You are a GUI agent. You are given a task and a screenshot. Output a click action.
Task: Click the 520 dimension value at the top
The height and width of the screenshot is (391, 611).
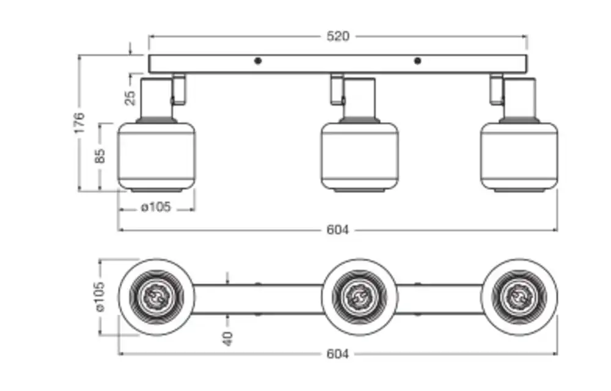(x=337, y=37)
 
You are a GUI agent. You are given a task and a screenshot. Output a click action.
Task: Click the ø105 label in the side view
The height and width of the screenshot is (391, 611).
(x=156, y=208)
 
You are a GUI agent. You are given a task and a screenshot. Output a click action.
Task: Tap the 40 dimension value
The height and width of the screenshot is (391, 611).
(x=228, y=338)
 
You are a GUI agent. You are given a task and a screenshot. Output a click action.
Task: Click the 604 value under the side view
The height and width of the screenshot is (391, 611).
(x=337, y=230)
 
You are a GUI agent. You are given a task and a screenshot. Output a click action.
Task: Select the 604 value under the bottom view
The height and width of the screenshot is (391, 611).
(x=337, y=354)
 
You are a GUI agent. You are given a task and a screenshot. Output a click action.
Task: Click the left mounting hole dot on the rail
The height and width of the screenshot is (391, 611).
(x=258, y=60)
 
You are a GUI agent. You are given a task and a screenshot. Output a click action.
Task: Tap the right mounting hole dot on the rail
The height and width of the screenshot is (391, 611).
(x=417, y=60)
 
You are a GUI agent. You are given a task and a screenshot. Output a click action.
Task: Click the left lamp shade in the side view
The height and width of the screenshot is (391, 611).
(x=156, y=156)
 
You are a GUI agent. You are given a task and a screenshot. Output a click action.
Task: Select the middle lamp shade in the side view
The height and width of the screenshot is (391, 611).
(x=360, y=156)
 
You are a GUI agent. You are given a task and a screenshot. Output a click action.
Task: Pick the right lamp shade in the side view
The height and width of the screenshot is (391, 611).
(x=519, y=156)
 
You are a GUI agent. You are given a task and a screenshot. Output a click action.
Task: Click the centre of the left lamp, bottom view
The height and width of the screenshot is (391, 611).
(x=156, y=297)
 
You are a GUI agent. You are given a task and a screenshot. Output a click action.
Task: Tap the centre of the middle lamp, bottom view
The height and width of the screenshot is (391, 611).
(x=360, y=297)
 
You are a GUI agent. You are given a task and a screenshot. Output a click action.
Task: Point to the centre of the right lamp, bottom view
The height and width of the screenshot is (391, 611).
(x=519, y=297)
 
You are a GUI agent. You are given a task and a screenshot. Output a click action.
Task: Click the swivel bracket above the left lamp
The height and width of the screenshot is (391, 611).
(x=178, y=89)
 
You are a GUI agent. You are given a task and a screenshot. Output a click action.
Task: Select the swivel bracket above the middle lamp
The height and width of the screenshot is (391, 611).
(x=336, y=89)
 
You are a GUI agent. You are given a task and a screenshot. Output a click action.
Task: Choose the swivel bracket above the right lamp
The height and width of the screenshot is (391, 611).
(x=496, y=89)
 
